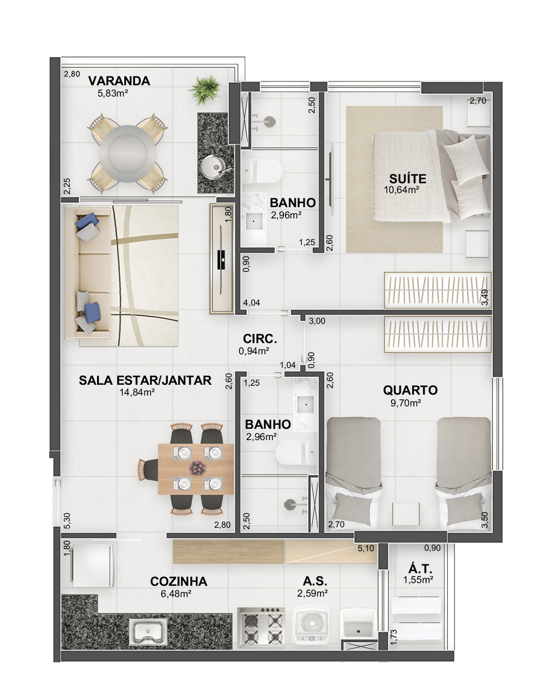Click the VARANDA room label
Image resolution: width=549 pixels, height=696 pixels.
point(119,81)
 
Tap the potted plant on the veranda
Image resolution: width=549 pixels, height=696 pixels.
point(205,89)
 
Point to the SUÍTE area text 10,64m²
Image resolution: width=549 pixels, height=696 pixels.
point(402,190)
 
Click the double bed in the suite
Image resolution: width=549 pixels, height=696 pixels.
point(431,176)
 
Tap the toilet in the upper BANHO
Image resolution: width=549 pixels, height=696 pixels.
point(263,171)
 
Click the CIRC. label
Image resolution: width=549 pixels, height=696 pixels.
point(260,339)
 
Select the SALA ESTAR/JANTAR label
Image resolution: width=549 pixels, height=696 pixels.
point(145,380)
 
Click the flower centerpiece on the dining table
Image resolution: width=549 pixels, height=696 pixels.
point(197,468)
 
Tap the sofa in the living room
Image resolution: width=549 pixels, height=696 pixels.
point(88,272)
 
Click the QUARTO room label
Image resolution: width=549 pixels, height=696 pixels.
point(410,391)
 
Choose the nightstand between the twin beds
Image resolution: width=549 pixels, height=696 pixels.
point(406,514)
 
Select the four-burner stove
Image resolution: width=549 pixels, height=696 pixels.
point(261,628)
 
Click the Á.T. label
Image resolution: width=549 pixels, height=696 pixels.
point(420,568)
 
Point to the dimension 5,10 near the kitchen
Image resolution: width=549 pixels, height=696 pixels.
point(366,548)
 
